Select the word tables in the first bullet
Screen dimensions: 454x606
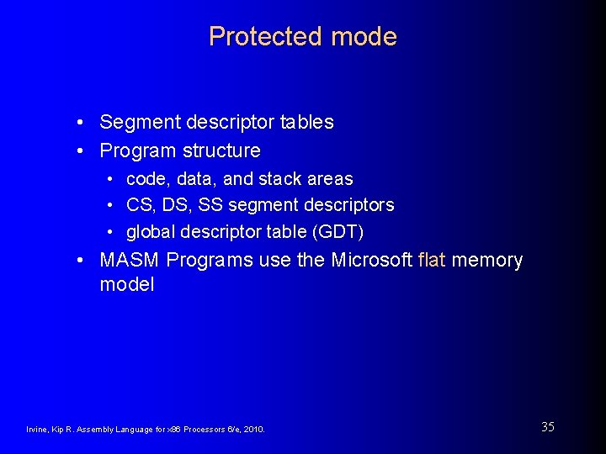click(308, 122)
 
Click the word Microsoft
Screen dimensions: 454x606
click(371, 261)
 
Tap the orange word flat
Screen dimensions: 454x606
click(432, 261)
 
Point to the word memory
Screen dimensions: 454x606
click(487, 261)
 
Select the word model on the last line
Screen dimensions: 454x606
click(127, 285)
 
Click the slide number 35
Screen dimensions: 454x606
click(548, 427)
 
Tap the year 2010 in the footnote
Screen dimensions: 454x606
click(253, 430)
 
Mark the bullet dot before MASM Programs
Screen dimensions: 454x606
click(78, 261)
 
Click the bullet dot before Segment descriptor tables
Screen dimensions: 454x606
click(78, 123)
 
